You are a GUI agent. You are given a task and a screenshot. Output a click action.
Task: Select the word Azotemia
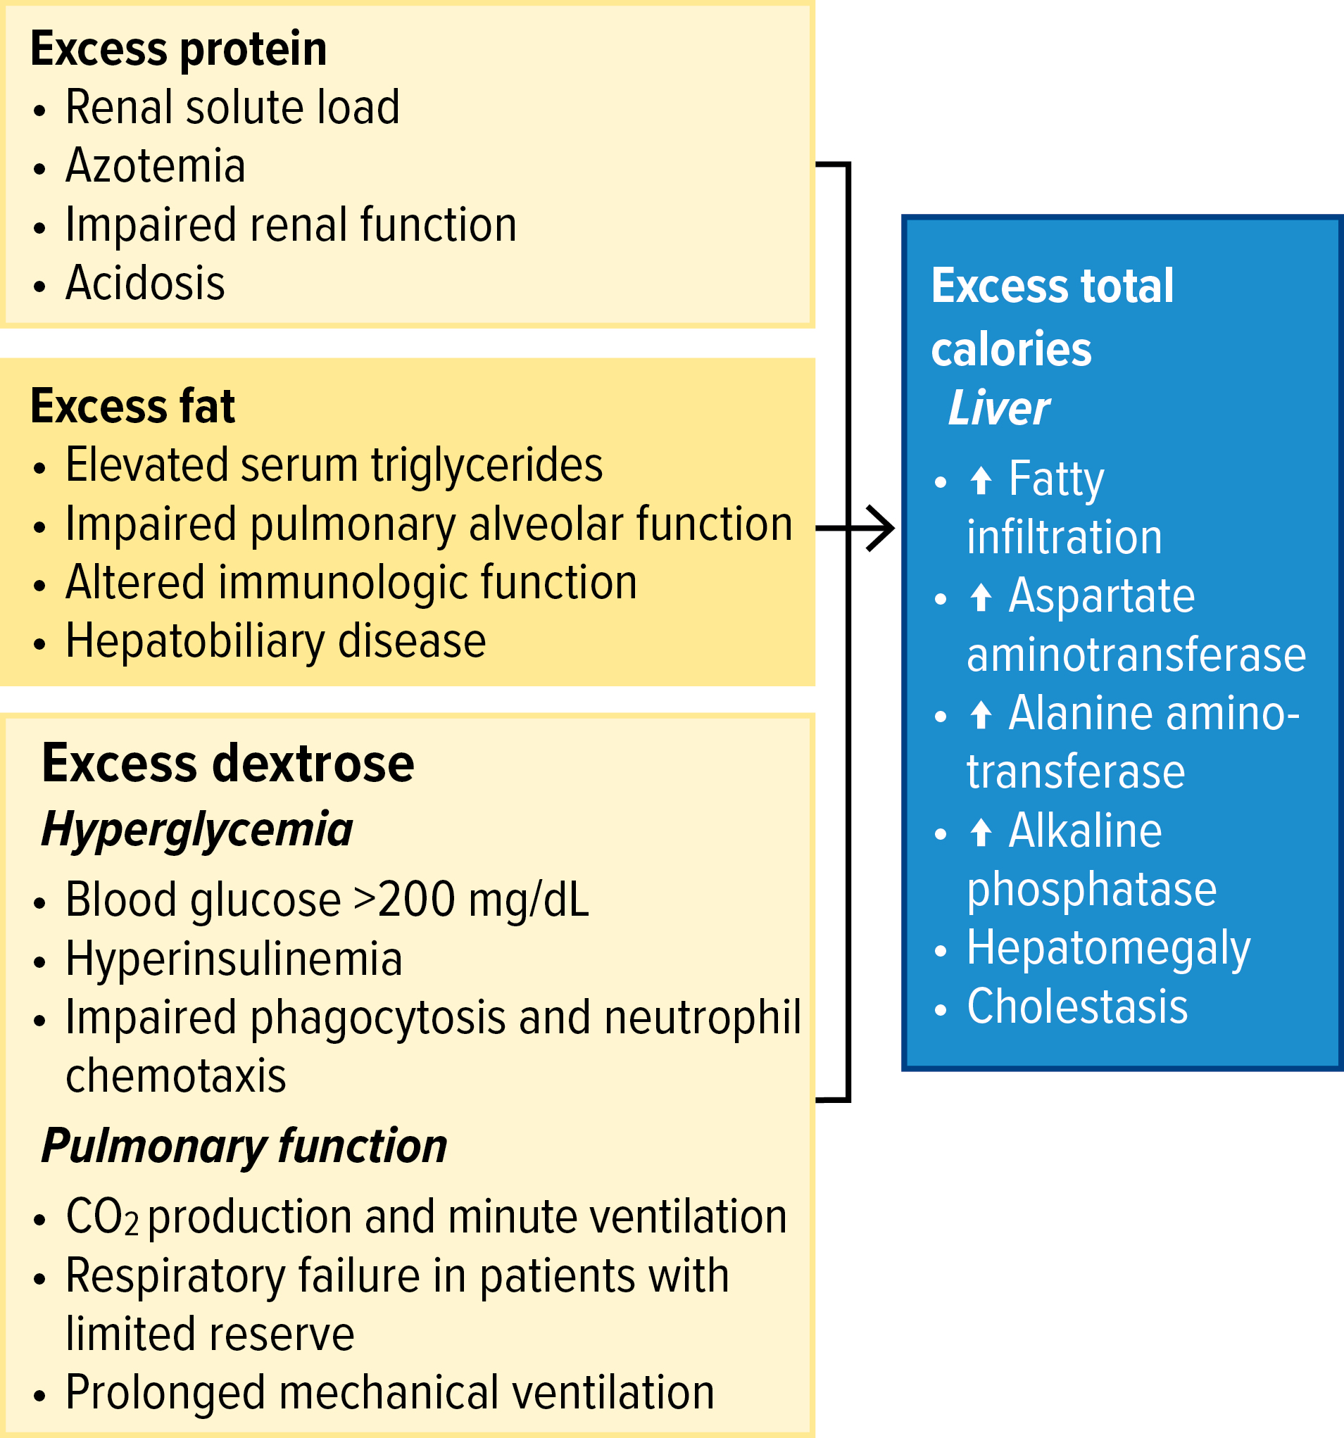[x=156, y=165]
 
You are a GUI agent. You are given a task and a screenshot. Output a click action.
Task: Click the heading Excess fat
[x=132, y=406]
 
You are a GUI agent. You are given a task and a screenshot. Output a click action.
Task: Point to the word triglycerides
[x=486, y=467]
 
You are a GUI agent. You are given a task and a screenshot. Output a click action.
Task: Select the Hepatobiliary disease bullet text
[x=275, y=643]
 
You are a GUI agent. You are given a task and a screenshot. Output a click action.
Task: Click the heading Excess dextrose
[x=228, y=763]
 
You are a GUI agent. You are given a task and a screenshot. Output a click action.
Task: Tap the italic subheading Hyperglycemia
[x=196, y=830]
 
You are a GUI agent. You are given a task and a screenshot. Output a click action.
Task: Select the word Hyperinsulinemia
[x=234, y=959]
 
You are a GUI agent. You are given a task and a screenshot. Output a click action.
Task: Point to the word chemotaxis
[x=176, y=1076]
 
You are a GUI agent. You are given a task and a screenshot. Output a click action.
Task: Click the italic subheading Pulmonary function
[x=244, y=1147]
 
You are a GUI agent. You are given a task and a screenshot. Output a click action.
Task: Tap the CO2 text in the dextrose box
[x=102, y=1217]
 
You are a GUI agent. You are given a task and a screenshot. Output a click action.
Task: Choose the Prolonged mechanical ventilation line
[x=390, y=1393]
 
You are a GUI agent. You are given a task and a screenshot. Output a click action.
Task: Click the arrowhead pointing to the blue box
[x=880, y=529]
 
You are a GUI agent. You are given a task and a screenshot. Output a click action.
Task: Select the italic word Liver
[x=998, y=408]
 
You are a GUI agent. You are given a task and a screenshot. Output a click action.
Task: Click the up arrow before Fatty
[x=981, y=480]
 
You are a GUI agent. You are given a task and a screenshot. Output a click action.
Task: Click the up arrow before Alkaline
[x=981, y=832]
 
